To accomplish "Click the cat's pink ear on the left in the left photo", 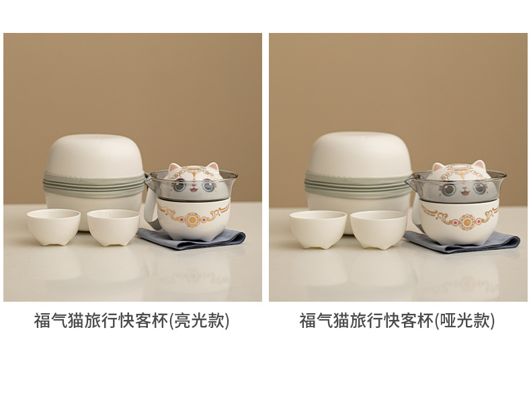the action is [174, 167].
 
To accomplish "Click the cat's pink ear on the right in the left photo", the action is [212, 167].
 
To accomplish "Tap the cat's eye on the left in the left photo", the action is [180, 185].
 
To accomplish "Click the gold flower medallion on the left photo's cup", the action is [192, 219].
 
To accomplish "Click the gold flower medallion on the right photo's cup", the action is [466, 222].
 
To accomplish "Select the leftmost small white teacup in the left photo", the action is [54, 226].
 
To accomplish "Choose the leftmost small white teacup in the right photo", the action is [318, 229].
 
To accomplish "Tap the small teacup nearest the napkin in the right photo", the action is [378, 230].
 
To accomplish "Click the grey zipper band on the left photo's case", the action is [94, 184].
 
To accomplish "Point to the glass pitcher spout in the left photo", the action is [148, 179].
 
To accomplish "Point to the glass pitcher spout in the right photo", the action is [410, 181].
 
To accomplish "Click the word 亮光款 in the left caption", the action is [199, 320].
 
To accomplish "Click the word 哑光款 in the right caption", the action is [464, 320].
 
